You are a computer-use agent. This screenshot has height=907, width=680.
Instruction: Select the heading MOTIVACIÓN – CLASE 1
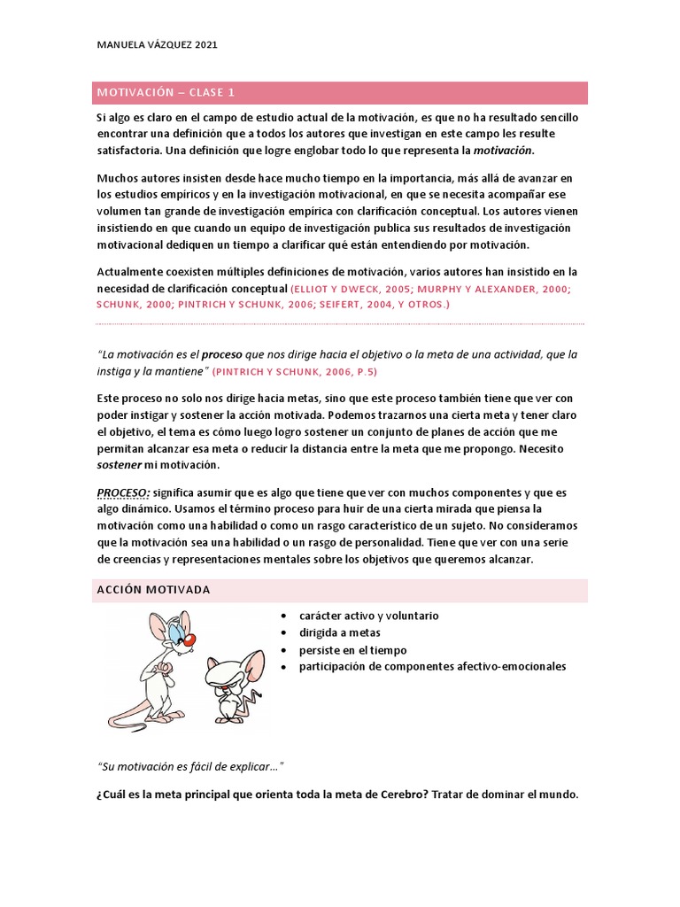[166, 93]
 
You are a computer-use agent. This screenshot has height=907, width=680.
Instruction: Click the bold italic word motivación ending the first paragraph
[503, 150]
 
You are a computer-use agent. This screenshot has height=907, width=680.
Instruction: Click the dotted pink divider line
[340, 323]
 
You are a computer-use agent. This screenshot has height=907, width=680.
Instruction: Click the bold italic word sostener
[119, 465]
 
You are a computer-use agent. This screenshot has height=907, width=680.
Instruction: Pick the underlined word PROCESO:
[123, 492]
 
